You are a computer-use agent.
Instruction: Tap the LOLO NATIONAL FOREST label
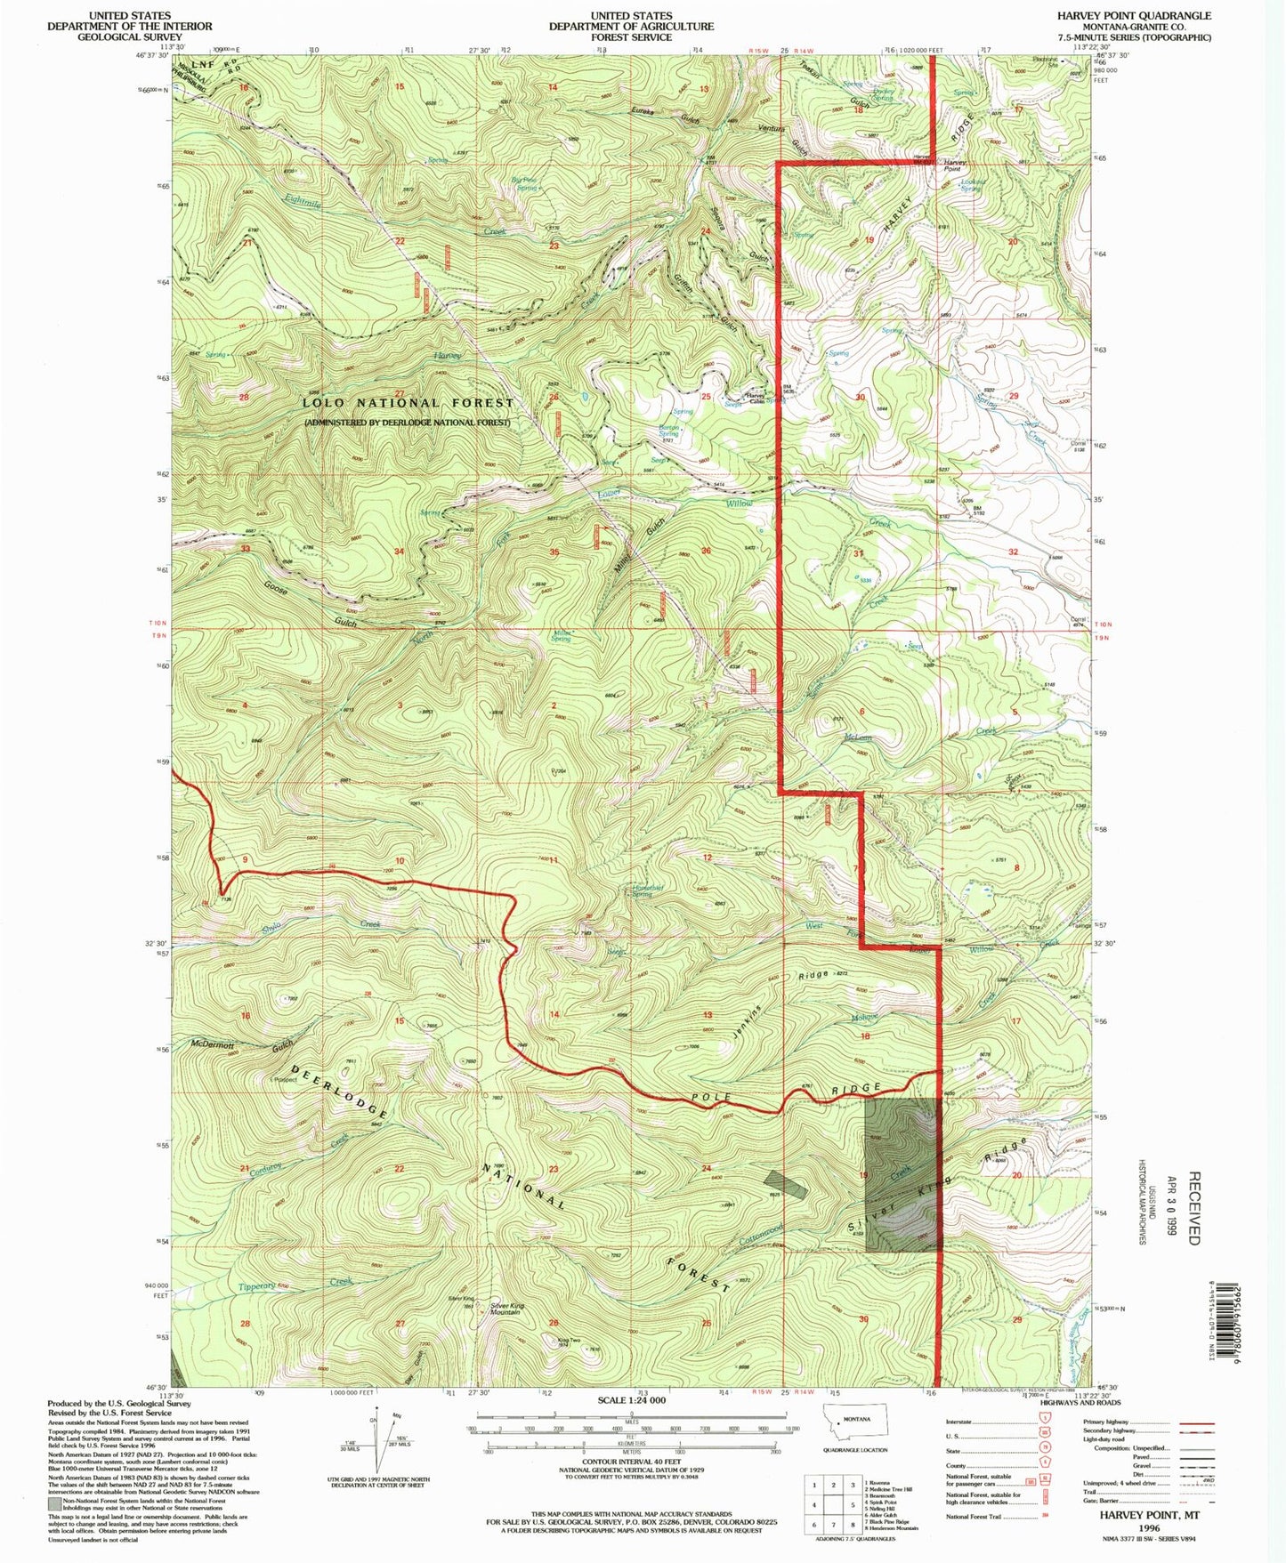pyautogui.click(x=408, y=403)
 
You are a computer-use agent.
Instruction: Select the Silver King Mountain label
pyautogui.click(x=506, y=1309)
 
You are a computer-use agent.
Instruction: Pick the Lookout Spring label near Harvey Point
pyautogui.click(x=970, y=186)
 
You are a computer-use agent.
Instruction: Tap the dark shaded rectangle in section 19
pyautogui.click(x=902, y=1174)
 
